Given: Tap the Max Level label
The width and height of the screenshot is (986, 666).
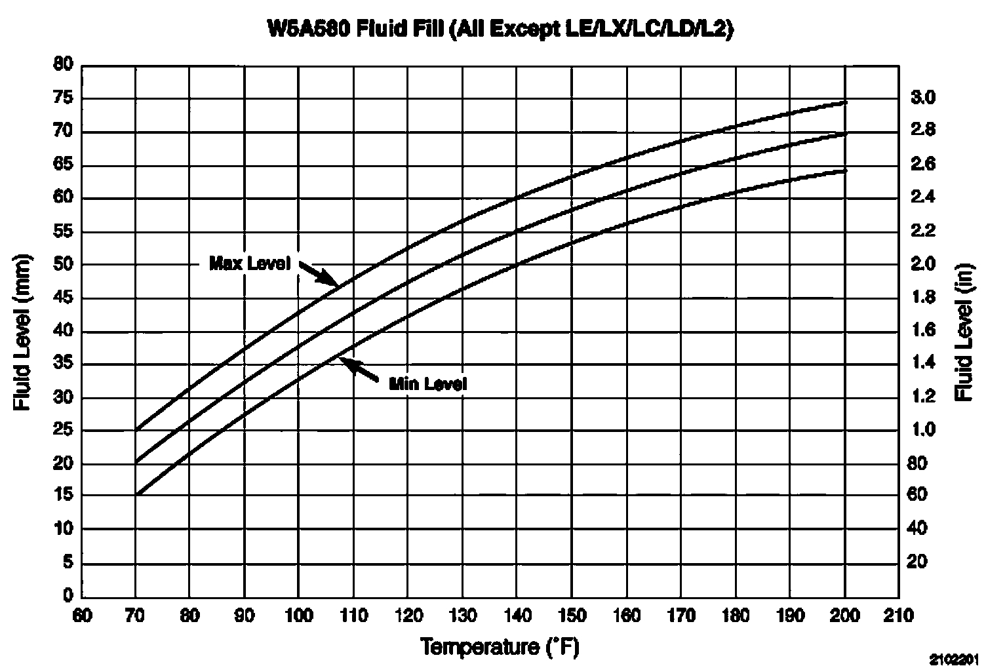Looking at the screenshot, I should coord(249,264).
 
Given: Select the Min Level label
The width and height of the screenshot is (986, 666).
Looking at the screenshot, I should coord(428,384).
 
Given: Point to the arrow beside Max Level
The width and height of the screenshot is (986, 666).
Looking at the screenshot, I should coord(319,274).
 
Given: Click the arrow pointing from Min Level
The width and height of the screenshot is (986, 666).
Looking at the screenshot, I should coord(360,370).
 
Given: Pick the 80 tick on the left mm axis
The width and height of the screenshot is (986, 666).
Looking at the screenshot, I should coord(63,66).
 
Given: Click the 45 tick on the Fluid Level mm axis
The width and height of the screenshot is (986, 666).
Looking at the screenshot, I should coord(63,298).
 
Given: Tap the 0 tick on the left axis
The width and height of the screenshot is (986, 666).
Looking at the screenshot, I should coord(68,596).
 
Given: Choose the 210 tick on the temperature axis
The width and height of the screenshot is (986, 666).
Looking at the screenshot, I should coord(899,616).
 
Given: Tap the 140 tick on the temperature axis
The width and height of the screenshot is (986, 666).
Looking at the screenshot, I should coord(517,616).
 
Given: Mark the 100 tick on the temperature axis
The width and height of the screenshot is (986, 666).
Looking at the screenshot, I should coord(298,616).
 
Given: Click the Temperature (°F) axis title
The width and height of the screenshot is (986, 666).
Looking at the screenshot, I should coord(500,648).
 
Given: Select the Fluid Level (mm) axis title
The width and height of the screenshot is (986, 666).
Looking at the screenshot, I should coord(23,331).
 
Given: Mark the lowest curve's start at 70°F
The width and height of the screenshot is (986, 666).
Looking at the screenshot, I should coord(136,495).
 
